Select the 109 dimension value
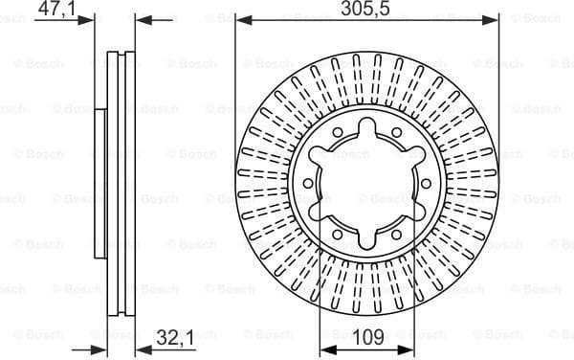coord(368,337)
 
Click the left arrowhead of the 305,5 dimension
coord(241,19)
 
